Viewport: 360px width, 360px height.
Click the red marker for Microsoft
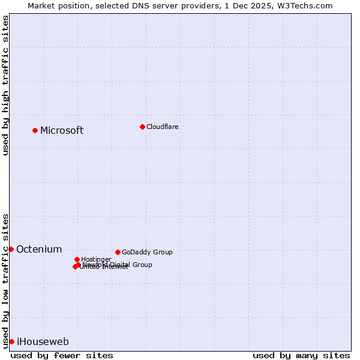pos(35,130)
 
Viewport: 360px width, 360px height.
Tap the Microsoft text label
pos(62,131)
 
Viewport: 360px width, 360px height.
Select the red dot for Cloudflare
pos(142,127)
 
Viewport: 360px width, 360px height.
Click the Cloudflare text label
pos(163,127)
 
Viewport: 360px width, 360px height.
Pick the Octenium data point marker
pos(11,249)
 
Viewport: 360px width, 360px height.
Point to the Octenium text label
pos(39,250)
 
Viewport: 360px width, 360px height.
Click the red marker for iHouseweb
pos(11,341)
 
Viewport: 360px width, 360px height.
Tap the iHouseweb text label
pos(43,342)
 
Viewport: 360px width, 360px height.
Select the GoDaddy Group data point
pos(118,252)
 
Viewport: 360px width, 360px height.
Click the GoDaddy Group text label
pos(147,253)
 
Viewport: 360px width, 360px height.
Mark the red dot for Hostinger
pos(77,259)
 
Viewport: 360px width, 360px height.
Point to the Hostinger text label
pos(96,260)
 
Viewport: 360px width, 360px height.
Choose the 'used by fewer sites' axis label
pos(62,355)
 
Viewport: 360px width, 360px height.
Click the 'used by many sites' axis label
pos(301,355)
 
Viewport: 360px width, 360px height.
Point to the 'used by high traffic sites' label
pos(5,85)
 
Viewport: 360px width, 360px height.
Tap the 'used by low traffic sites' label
pos(5,280)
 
